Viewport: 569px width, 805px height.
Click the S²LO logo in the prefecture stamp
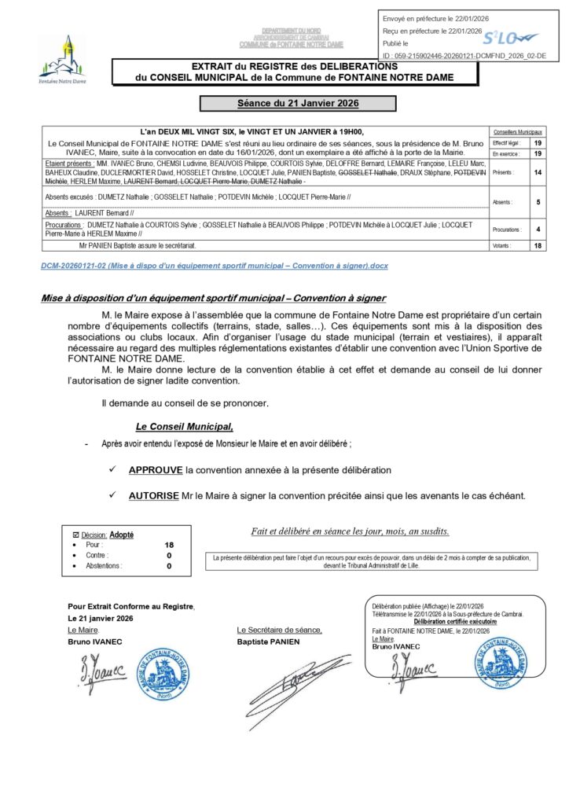[x=509, y=37]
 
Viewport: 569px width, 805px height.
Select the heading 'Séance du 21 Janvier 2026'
[x=298, y=103]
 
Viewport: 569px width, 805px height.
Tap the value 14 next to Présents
[x=538, y=171]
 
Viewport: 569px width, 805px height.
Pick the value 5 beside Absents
[x=538, y=202]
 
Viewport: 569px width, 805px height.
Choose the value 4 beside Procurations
[x=538, y=230]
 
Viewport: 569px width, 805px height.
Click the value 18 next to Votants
[x=538, y=246]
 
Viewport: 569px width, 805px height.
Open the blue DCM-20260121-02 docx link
[x=214, y=266]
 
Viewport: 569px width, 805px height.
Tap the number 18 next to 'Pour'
[x=169, y=544]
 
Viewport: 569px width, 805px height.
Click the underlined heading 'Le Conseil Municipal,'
[x=185, y=426]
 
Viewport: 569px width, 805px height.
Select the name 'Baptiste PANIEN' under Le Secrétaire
[x=268, y=641]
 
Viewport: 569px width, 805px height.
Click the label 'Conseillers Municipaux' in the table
[x=517, y=131]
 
